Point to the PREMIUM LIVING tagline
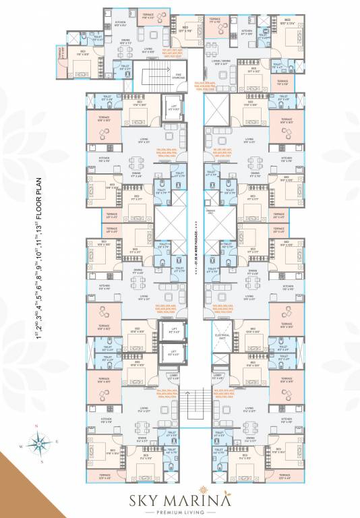[x=179, y=512]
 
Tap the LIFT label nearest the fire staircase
[x=174, y=107]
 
